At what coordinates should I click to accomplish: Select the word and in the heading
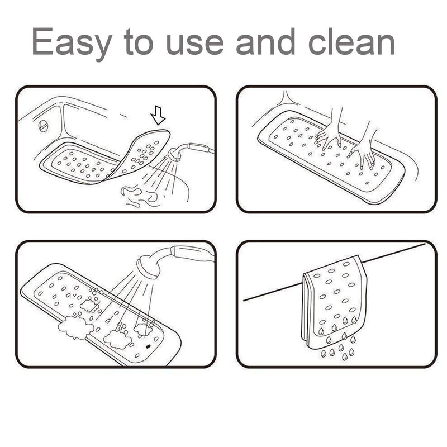[270, 42]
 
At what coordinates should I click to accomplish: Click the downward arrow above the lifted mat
[159, 116]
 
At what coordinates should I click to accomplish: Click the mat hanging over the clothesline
[333, 302]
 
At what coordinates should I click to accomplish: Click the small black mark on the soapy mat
[148, 346]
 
